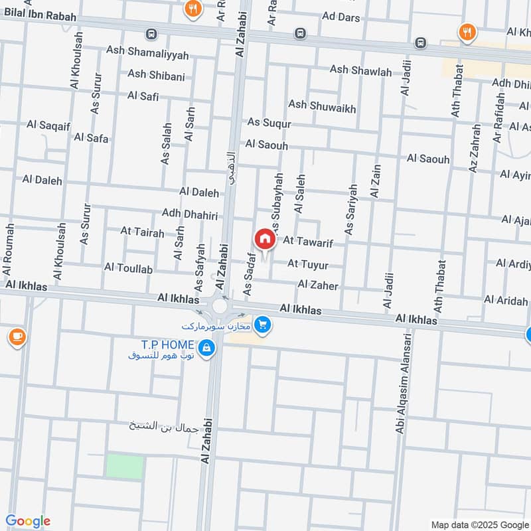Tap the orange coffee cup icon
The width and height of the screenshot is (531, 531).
coord(17,337)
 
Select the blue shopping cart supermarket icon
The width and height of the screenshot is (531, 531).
coord(264,325)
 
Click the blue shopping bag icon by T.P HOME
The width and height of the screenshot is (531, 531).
coord(207,347)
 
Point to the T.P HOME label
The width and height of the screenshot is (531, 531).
coord(167,344)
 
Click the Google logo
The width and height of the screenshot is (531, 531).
coord(28,521)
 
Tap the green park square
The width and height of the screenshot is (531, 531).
coord(124,467)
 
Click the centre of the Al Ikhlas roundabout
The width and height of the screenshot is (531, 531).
coord(219,307)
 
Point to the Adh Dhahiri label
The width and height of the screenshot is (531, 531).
coord(190,214)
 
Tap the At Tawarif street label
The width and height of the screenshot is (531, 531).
coord(307,244)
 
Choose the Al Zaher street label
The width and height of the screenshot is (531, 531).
coord(318,285)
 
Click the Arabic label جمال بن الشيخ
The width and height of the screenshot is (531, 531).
coord(164,425)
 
